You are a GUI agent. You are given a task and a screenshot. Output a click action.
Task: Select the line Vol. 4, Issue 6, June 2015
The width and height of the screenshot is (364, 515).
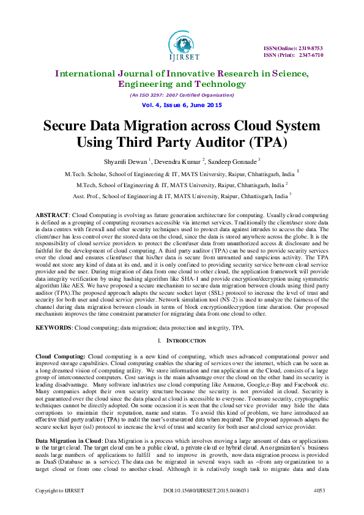coord(181,105)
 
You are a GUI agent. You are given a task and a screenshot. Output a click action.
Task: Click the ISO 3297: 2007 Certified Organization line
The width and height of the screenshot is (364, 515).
coord(182,95)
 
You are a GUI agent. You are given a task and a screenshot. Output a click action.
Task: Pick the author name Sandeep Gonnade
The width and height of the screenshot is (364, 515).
coord(232,161)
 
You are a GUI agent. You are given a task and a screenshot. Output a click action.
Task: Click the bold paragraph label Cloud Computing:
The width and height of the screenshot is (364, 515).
coord(61,356)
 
